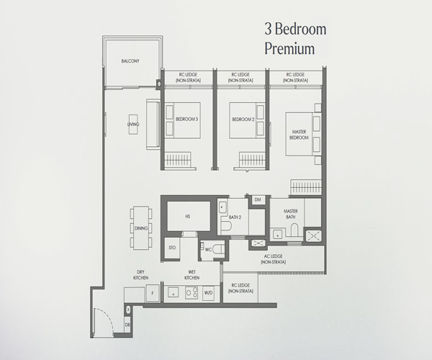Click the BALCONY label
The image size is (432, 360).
130,61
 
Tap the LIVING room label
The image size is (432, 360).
133,125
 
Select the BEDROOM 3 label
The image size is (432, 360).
186,120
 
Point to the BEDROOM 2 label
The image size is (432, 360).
243,120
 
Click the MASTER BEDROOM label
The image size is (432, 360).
299,135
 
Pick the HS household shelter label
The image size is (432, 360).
188,217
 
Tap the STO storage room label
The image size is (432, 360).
172,248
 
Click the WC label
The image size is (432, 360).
208,250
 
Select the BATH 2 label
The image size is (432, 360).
235,217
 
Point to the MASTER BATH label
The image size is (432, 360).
291,214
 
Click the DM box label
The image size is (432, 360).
258,199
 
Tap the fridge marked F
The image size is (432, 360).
153,294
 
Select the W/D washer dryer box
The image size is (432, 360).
208,293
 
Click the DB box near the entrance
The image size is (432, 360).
127,325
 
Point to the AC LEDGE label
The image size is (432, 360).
274,259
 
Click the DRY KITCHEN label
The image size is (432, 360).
141,275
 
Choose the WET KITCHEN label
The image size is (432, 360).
192,275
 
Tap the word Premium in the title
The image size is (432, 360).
289,49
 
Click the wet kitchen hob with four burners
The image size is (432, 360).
192,292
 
